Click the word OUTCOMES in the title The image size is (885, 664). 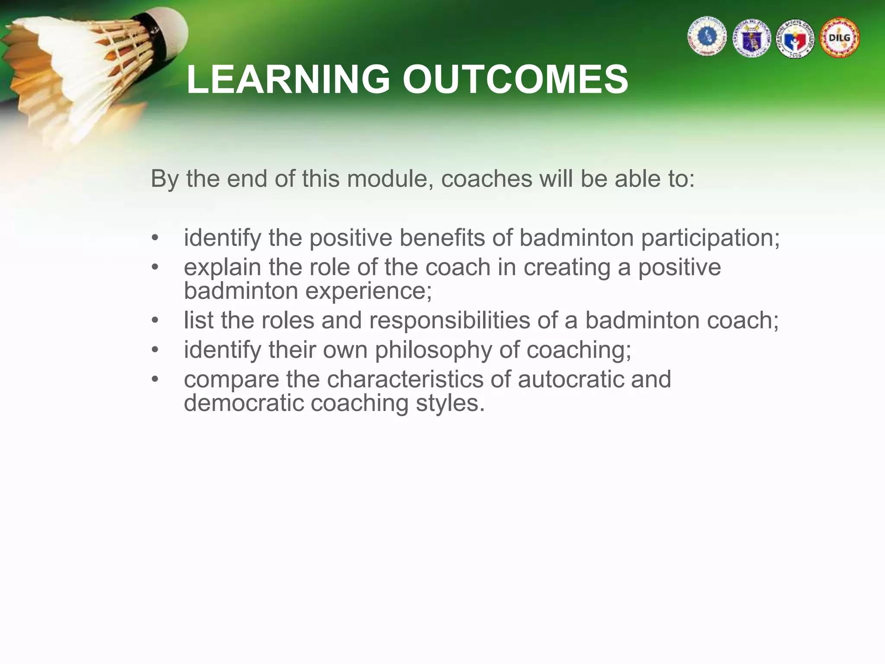[515, 80]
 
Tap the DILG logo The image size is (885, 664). [840, 38]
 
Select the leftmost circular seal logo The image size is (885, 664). [707, 37]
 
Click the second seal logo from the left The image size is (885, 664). [752, 38]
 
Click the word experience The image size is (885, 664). [368, 290]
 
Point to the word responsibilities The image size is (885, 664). [449, 321]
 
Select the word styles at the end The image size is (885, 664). [449, 403]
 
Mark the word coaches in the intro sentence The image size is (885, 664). [486, 179]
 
